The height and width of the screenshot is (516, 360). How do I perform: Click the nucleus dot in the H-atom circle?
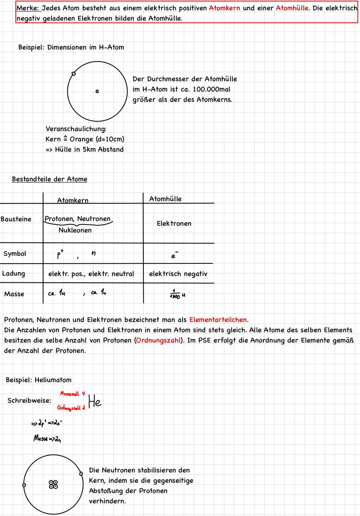click(97, 91)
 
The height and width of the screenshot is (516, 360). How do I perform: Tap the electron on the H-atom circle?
click(74, 74)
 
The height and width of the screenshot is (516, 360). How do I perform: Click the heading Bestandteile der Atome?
click(50, 179)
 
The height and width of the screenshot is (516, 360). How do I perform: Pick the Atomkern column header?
click(73, 201)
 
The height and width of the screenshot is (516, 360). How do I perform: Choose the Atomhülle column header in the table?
click(166, 199)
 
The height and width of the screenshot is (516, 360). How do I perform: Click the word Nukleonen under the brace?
click(75, 230)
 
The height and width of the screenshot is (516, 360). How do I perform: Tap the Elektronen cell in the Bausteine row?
click(174, 224)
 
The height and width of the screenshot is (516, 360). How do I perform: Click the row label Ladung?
click(13, 274)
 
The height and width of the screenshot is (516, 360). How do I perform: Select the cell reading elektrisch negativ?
click(178, 274)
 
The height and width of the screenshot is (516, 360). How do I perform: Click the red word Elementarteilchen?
click(218, 320)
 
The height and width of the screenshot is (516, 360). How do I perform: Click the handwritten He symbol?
click(95, 402)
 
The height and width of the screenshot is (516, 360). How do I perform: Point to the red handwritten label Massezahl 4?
click(73, 394)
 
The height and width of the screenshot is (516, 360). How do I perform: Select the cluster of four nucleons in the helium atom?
click(53, 484)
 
